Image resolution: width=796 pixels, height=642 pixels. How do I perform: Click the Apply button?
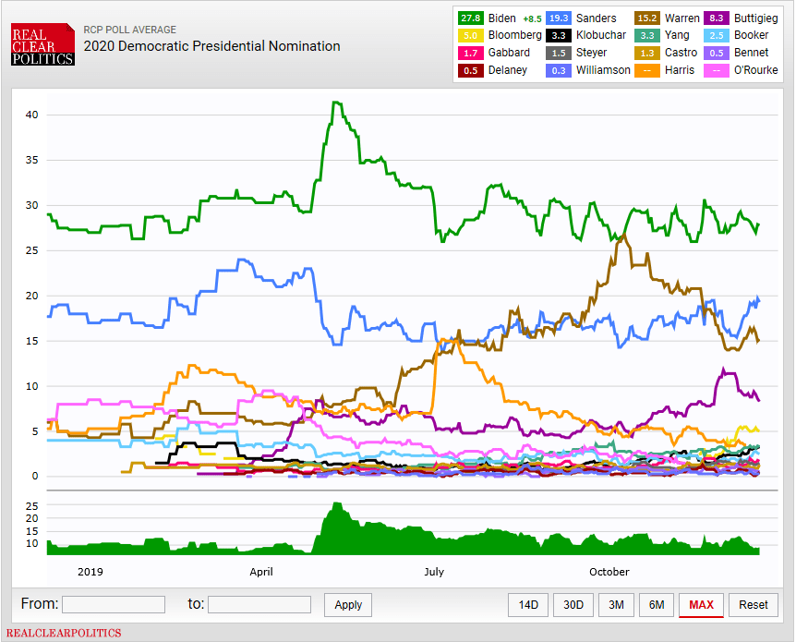pos(348,605)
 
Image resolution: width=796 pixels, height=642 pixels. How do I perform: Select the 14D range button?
pos(528,605)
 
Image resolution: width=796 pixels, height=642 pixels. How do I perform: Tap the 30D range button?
pos(573,605)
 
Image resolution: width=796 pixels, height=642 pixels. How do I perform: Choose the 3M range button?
pos(616,605)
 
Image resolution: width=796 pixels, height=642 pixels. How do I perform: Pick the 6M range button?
pos(657,605)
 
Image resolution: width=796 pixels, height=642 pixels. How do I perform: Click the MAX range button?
pos(701,605)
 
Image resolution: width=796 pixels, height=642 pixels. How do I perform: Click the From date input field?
pos(114,605)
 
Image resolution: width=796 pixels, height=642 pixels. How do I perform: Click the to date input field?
pos(259,605)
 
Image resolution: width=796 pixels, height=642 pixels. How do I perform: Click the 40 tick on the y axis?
pos(31,115)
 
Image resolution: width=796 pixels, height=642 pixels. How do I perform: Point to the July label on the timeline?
pos(434,572)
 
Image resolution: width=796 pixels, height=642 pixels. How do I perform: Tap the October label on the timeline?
pos(609,572)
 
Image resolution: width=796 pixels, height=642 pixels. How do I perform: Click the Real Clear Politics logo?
pos(42,43)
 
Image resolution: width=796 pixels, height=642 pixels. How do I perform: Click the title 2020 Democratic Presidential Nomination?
pos(211,46)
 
